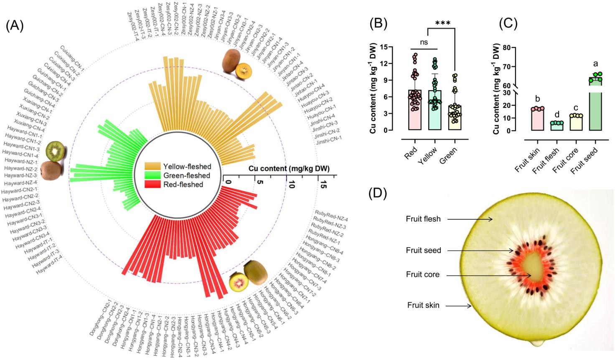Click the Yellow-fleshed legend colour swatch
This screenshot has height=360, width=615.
point(152,166)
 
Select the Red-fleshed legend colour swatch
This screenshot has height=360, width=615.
point(152,185)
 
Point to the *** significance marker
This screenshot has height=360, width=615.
point(442,23)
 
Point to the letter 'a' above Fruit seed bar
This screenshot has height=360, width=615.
point(595,64)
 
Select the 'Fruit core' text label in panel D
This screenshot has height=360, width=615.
point(422,275)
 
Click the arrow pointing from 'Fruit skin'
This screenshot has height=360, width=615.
point(457,305)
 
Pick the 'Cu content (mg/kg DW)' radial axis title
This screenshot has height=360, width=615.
point(289,169)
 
